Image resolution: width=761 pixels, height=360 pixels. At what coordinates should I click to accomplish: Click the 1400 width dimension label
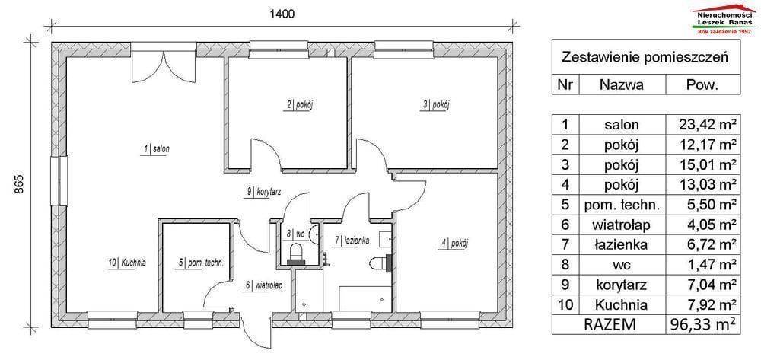click(282, 14)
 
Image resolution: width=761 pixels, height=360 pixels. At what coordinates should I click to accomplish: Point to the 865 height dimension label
click(19, 185)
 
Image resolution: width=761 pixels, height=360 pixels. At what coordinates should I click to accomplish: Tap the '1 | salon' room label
click(155, 149)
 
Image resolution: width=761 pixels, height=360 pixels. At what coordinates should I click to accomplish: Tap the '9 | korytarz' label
click(264, 192)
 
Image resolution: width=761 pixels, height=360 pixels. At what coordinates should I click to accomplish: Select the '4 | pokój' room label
click(454, 244)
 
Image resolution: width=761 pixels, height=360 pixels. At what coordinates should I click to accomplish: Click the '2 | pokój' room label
click(297, 104)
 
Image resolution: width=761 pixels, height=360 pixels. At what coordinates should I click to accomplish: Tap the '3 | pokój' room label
click(435, 104)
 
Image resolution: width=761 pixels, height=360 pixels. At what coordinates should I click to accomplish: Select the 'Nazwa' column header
click(622, 85)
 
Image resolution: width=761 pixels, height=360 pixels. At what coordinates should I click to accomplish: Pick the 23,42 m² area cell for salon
click(707, 125)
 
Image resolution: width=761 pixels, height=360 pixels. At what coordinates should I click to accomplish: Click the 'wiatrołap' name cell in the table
click(622, 225)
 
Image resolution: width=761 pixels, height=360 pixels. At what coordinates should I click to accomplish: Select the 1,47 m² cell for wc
click(710, 265)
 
